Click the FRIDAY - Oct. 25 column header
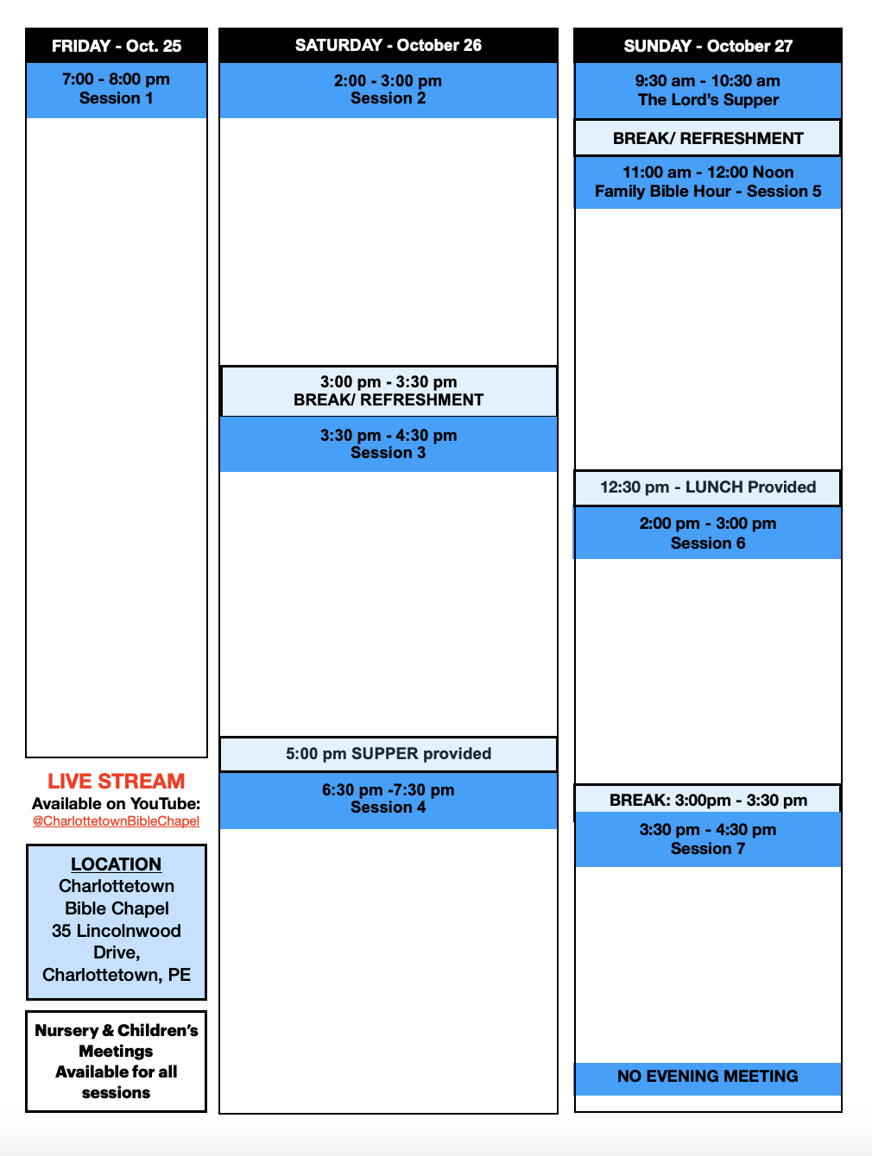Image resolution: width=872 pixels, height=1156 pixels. (x=117, y=46)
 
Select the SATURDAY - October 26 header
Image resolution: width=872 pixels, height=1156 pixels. (x=389, y=46)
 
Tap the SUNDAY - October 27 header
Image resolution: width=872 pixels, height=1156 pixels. (x=708, y=46)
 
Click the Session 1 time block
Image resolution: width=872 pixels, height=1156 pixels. (x=117, y=90)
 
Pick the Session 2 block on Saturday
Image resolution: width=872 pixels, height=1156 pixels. (x=389, y=90)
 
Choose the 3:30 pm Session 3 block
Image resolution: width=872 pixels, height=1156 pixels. (x=389, y=444)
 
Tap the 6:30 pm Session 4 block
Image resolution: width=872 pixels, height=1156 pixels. (x=389, y=800)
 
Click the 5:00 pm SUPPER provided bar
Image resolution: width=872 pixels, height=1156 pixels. (x=389, y=754)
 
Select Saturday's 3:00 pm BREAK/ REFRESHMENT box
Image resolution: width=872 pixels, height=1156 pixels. (x=389, y=391)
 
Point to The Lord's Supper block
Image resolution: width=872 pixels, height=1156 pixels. (x=708, y=91)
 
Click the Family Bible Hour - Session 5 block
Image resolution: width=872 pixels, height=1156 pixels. (x=708, y=182)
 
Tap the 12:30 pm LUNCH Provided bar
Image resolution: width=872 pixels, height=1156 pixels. (x=708, y=487)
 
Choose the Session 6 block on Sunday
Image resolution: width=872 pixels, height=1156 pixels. (x=708, y=533)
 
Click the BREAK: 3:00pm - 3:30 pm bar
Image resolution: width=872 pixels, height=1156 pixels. (x=708, y=800)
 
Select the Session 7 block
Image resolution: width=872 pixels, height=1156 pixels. (x=708, y=839)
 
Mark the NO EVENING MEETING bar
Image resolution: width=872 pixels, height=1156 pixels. (x=708, y=1077)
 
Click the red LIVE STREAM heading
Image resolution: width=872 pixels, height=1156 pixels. (x=117, y=781)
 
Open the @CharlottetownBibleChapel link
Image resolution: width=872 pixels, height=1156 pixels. (x=117, y=821)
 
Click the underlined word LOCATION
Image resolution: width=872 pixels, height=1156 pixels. (x=117, y=864)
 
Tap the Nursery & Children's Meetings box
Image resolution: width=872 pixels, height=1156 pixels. (x=117, y=1061)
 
